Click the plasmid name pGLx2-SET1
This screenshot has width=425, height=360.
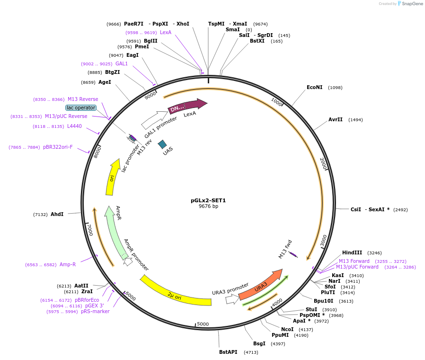click(208, 200)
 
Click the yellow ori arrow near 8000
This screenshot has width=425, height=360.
click(112, 178)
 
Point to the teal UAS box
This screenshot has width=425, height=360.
click(162, 144)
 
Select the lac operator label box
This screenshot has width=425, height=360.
click(81, 108)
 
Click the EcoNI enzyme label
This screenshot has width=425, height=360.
click(315, 87)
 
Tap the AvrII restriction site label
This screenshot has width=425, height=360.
click(336, 119)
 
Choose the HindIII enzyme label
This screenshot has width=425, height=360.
click(352, 252)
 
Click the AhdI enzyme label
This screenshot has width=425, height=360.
click(57, 214)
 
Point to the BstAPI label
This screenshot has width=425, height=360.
click(228, 352)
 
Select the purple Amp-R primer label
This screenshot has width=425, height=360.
click(68, 264)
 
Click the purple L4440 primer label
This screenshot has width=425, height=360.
click(74, 126)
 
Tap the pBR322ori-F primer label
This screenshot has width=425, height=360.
click(58, 147)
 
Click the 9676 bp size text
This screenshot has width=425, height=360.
click(208, 207)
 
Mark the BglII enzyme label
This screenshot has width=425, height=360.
click(151, 41)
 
